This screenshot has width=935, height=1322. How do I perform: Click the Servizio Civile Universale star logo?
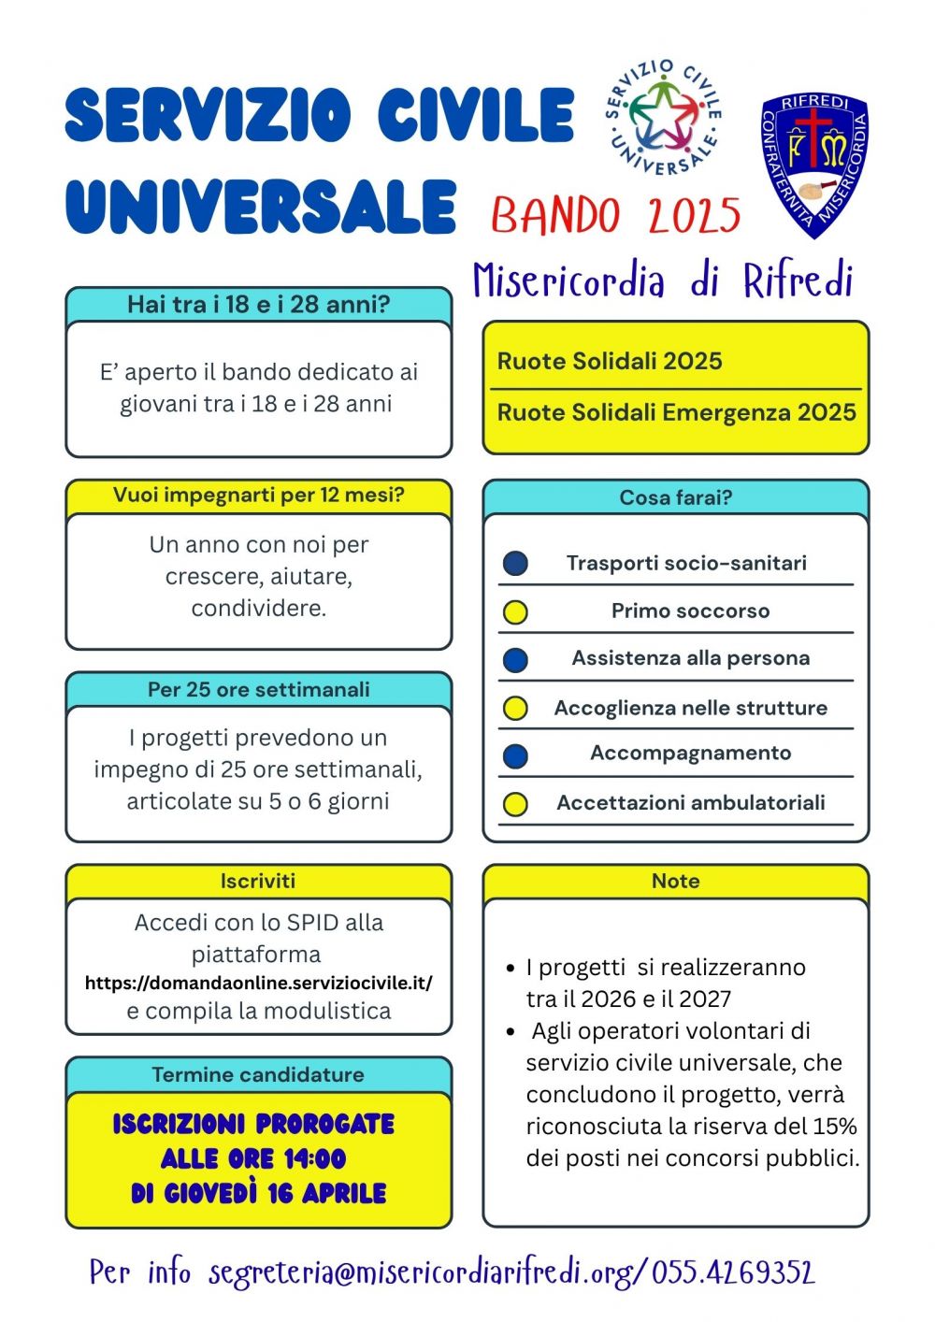point(664,117)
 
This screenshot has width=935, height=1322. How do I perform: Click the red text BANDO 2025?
point(616,216)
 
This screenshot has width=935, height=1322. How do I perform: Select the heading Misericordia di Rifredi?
point(663,280)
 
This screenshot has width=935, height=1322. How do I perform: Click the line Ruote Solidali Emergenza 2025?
point(676,412)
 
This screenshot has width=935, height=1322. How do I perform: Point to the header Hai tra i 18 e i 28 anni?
point(258,304)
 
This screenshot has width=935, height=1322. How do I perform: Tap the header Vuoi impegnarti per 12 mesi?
point(258,496)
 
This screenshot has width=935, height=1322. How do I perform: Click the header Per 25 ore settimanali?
point(258,689)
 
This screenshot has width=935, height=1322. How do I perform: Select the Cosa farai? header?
point(675,497)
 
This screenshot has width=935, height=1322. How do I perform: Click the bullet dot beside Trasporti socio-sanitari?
point(515,563)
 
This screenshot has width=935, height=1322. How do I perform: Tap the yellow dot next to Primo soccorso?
point(515,612)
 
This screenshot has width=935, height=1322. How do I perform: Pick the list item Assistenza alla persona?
point(690,658)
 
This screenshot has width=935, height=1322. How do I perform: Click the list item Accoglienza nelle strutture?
point(690,708)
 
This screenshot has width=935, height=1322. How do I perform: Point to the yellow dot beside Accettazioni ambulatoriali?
point(515,804)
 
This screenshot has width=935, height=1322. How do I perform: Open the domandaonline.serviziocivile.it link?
point(258,984)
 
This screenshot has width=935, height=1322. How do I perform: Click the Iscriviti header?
point(258,881)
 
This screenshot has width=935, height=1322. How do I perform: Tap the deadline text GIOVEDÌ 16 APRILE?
point(258,1194)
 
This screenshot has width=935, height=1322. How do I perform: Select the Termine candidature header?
point(258,1074)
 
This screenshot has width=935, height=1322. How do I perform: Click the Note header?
point(675,881)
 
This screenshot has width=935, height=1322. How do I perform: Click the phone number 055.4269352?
point(733,1272)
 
